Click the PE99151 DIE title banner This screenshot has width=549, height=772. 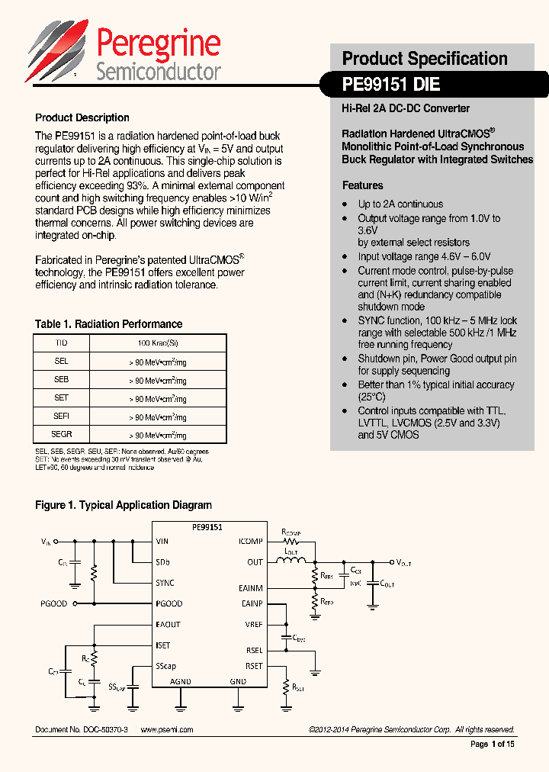pos(391,85)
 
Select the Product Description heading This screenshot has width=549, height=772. pos(82,117)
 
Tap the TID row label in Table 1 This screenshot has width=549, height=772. pos(62,343)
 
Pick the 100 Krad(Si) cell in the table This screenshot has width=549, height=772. pos(158,343)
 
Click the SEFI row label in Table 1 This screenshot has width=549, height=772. pos(62,416)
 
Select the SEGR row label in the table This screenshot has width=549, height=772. pos(62,434)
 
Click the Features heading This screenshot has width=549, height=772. pos(363,185)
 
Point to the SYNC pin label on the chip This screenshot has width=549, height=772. pos(165,583)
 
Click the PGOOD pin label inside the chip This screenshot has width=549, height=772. pos(169,603)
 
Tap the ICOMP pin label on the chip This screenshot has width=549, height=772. pos(250,542)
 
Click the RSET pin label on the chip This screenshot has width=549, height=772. pos(253,666)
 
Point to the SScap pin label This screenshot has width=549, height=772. pos(165,666)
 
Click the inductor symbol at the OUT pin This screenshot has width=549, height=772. pos(290,562)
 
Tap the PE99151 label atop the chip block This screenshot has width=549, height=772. pos(206,527)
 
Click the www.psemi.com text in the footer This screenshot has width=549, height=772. pos(167,730)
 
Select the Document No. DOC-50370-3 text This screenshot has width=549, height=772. pos(82,730)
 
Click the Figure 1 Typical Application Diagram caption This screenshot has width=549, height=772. pos(124,505)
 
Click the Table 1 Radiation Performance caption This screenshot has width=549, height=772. pos(108,324)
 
